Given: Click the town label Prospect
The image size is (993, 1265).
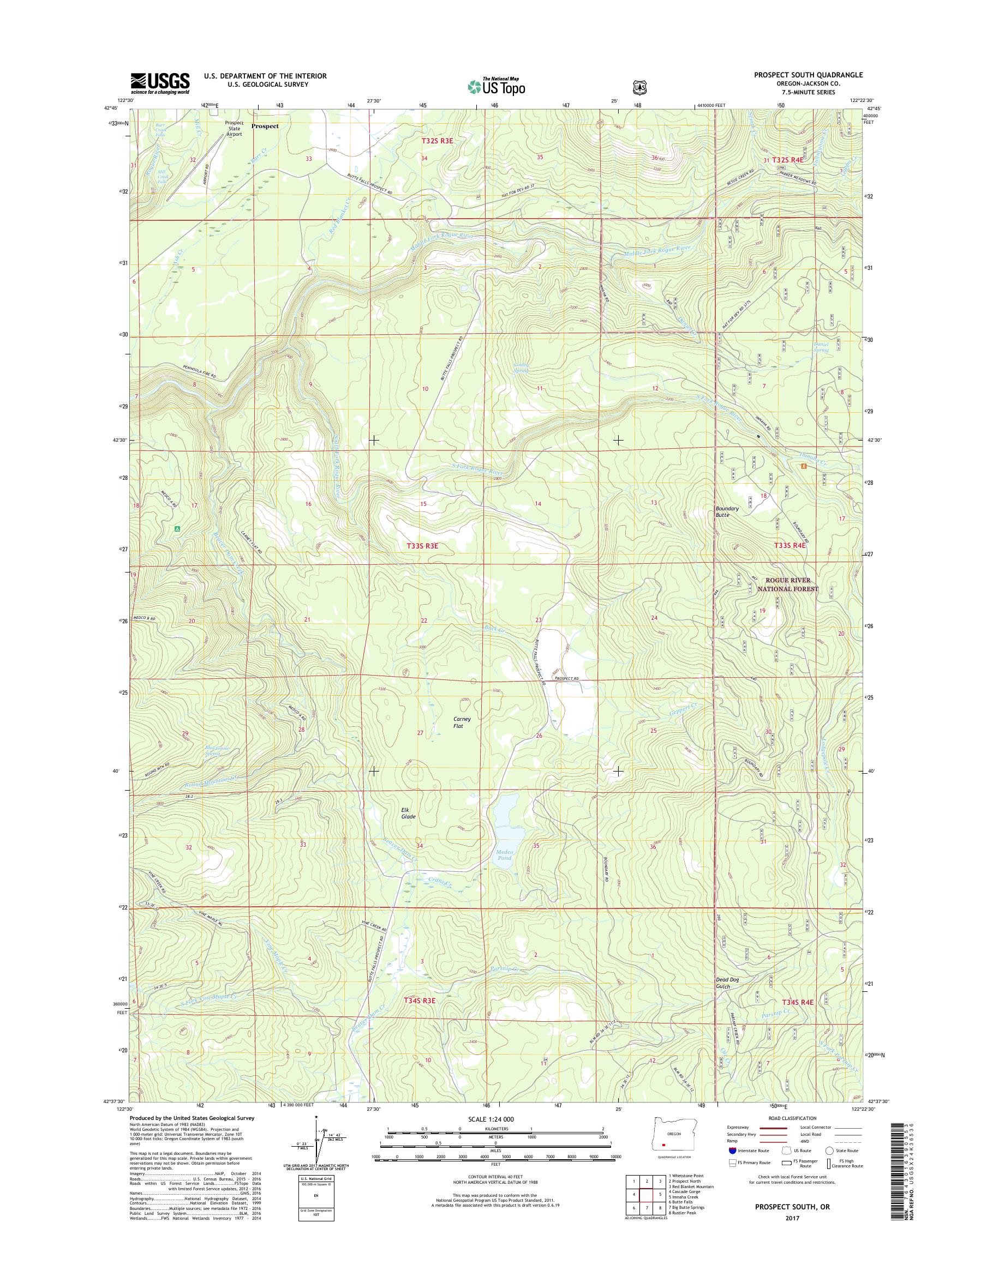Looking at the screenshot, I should [265, 125].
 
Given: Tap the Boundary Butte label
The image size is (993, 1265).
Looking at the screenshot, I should [727, 511].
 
